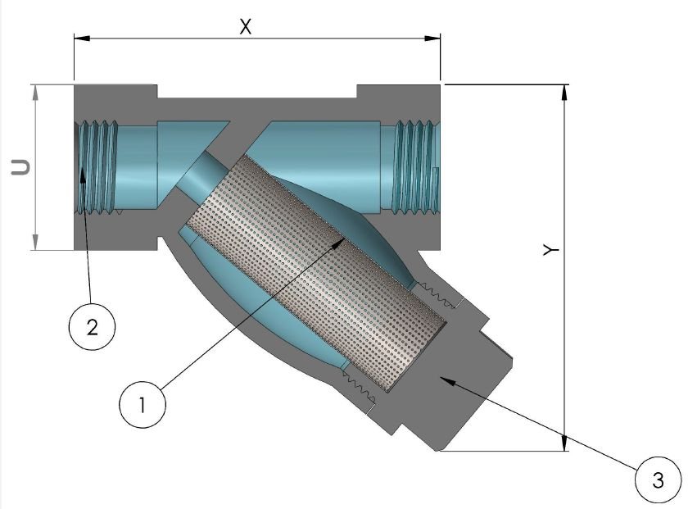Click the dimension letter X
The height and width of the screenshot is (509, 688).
pos(244,25)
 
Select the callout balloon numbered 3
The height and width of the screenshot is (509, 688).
pos(657,479)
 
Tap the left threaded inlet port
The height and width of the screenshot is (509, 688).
pos(97,166)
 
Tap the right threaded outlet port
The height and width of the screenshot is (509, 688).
pos(416,166)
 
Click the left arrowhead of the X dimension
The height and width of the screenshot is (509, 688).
pos(79,36)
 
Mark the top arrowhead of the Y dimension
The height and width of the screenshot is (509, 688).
pos(564,90)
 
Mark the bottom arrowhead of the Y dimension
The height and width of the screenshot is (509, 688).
pos(564,444)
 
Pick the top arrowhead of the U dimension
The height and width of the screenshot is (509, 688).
pos(35,89)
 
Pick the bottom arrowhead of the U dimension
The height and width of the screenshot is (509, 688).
pos(35,243)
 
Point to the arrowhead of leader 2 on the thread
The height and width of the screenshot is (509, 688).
pos(82,173)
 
